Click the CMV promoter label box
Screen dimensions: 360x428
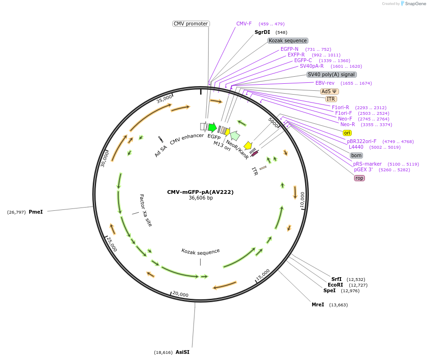click(x=191, y=24)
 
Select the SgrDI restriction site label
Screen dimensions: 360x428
click(x=262, y=32)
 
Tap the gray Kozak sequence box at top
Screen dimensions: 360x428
click(x=288, y=41)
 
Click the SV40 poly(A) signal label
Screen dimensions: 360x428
click(x=331, y=74)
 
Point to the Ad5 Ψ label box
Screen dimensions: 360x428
click(x=329, y=91)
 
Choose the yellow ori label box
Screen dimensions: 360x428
click(x=347, y=133)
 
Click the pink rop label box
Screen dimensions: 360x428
click(x=359, y=178)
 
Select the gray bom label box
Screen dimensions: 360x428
click(x=356, y=155)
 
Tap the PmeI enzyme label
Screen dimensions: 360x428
click(x=36, y=212)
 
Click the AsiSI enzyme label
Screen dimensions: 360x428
click(x=182, y=352)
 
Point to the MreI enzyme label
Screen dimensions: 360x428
click(x=318, y=305)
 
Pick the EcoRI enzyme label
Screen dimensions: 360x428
click(x=335, y=285)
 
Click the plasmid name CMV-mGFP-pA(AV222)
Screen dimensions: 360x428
click(x=200, y=192)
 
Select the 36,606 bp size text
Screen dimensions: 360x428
click(x=201, y=198)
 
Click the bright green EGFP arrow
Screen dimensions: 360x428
click(x=212, y=127)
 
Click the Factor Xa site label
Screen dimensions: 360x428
click(x=146, y=210)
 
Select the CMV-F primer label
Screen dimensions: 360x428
click(x=244, y=24)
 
